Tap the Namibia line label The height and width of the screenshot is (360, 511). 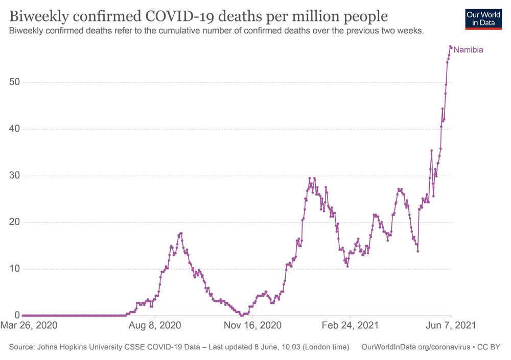pos(468,50)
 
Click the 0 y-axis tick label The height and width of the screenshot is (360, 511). pos(17,316)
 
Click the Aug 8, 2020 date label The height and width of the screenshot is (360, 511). pos(156,325)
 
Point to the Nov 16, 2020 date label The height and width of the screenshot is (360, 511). pos(252,325)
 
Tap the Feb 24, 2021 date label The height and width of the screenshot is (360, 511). pos(351,325)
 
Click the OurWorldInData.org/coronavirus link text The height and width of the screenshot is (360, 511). pos(415,347)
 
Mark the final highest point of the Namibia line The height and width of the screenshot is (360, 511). pos(450,46)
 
